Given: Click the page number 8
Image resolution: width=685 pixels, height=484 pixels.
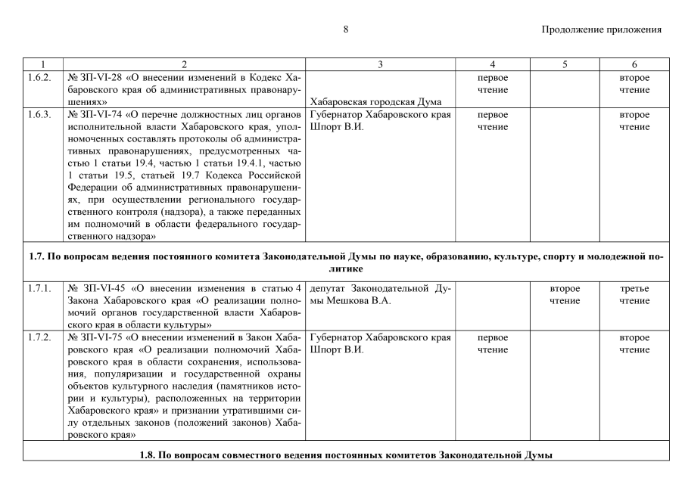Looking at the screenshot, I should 345,29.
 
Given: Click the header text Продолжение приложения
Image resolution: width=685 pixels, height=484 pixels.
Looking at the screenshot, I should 602,29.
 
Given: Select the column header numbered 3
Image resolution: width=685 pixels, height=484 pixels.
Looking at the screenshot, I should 381,65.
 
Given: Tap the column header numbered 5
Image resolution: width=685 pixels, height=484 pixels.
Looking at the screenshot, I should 565,65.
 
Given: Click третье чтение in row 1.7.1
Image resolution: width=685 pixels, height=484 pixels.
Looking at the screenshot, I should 634,295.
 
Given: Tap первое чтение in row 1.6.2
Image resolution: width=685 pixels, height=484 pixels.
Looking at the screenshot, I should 492,84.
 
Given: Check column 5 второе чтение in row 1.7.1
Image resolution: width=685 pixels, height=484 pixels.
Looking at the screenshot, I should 565,295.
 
